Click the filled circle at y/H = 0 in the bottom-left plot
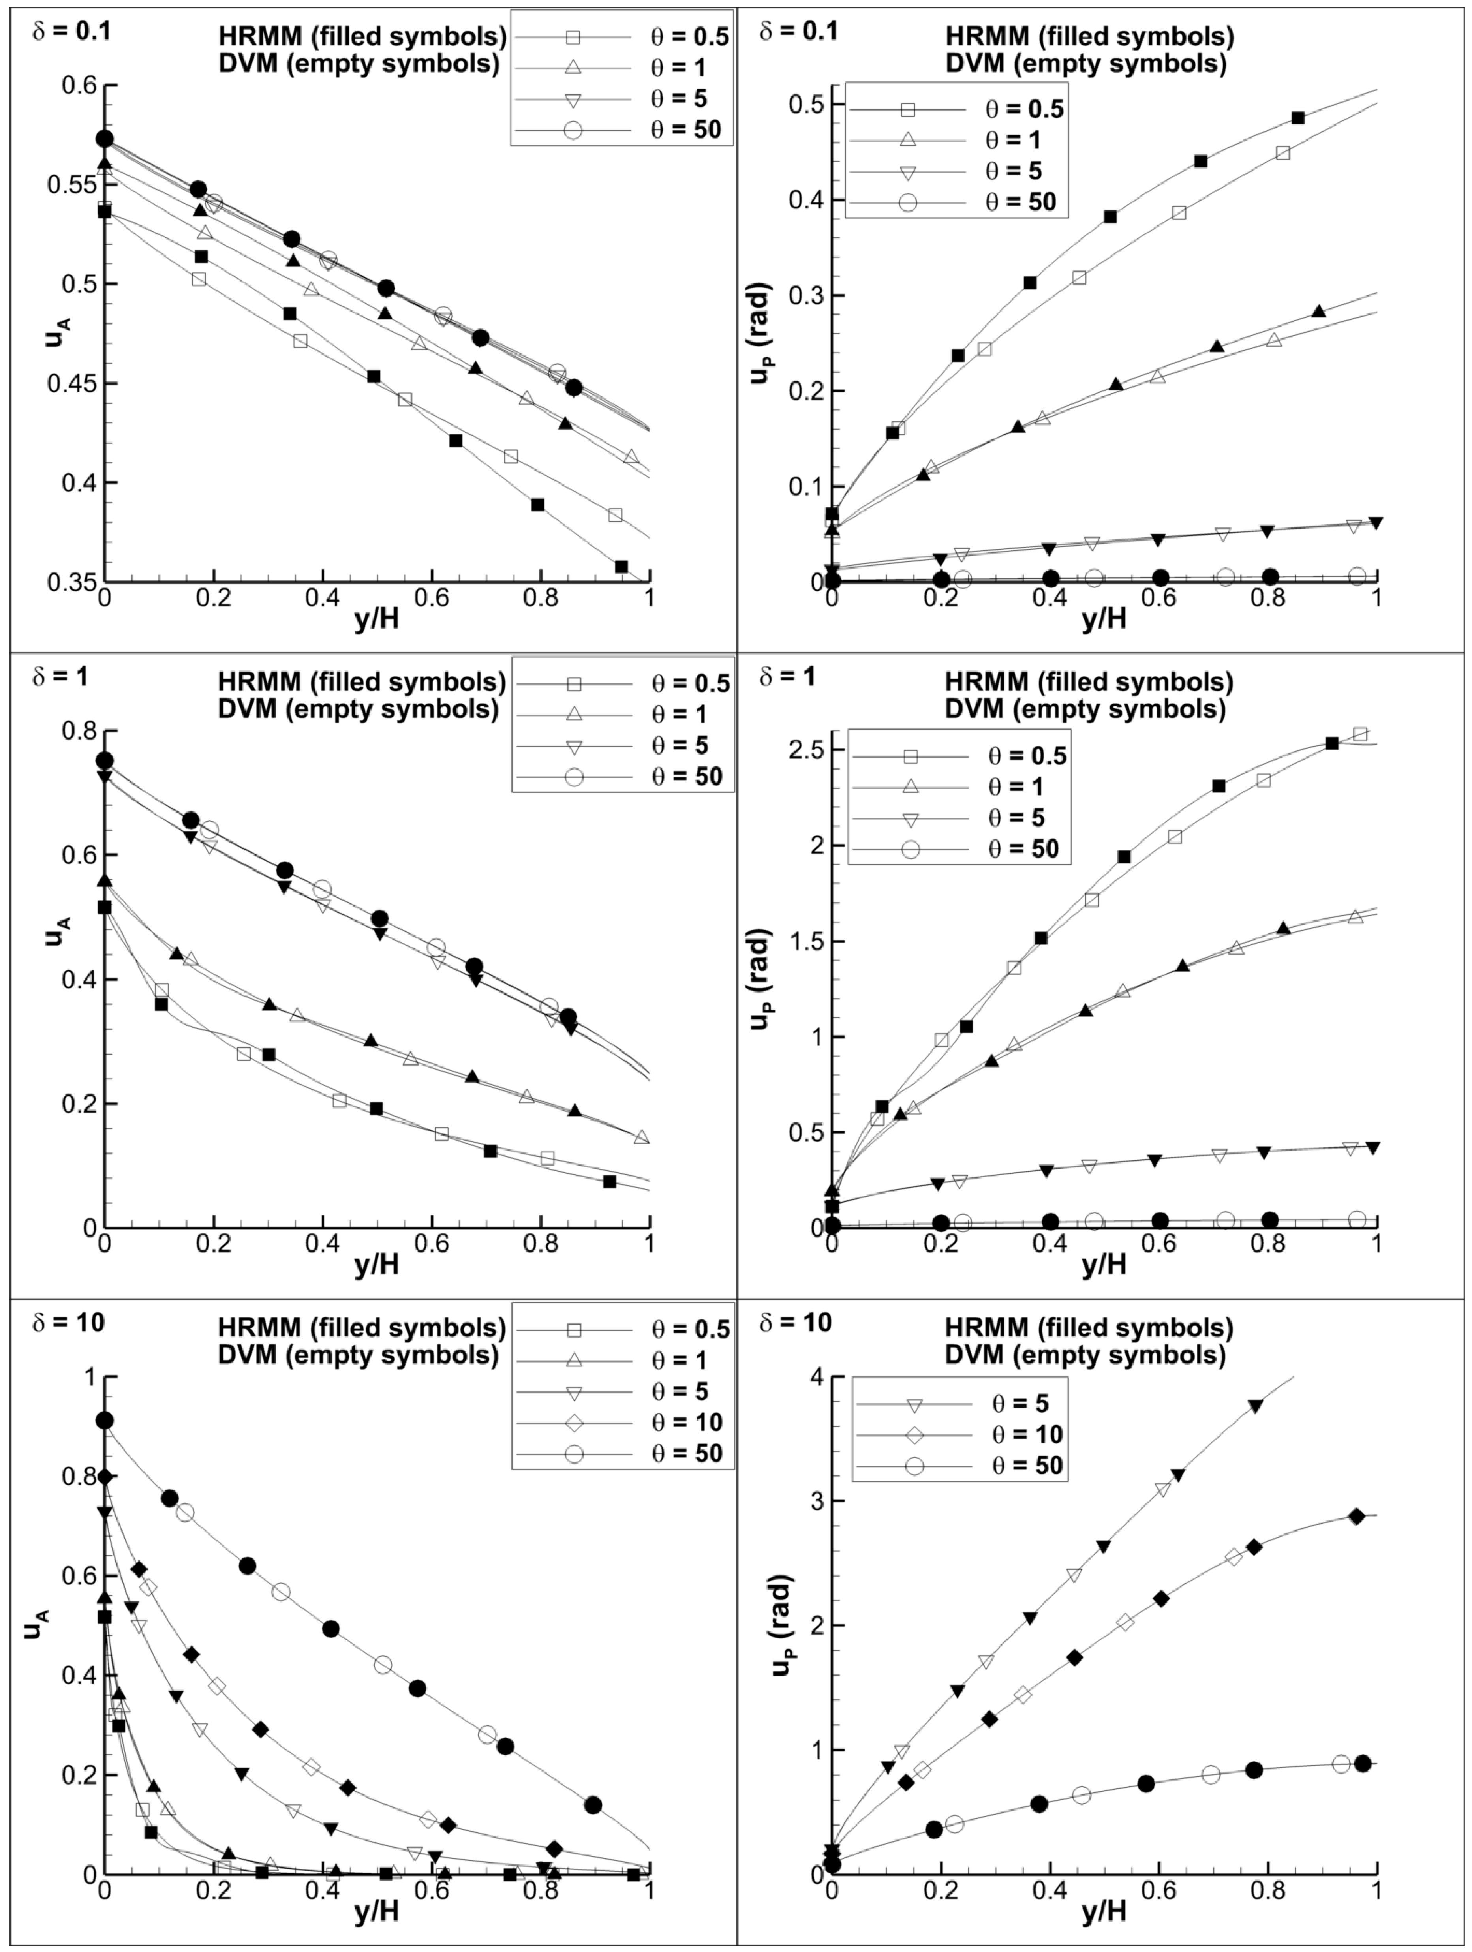click(105, 1420)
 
